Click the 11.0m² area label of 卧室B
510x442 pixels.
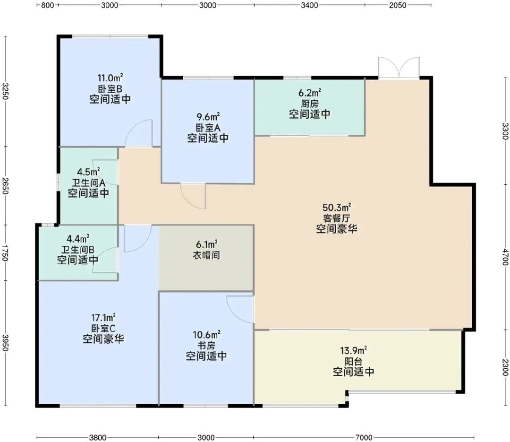point(110,78)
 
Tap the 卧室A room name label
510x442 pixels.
point(208,128)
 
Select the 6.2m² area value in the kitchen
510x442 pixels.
point(310,93)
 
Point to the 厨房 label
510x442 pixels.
point(310,104)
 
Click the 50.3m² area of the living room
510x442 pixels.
point(337,207)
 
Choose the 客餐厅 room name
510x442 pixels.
point(337,218)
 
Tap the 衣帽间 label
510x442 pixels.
point(206,255)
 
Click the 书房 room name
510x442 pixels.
point(206,345)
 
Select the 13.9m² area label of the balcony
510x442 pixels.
point(354,350)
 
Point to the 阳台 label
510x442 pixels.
point(354,361)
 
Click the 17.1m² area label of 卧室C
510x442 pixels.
point(103,317)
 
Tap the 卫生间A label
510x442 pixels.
point(88,183)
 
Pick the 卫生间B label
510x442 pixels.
point(78,250)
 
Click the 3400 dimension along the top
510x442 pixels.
point(309,5)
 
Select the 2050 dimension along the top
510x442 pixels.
point(398,5)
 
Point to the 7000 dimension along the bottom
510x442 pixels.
point(363,437)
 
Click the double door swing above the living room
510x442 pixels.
point(399,68)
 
